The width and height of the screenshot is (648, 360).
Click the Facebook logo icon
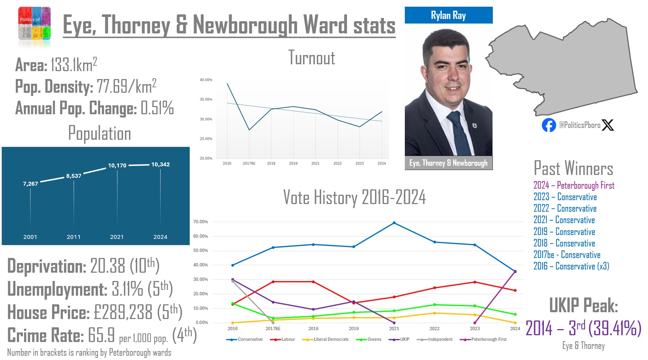(x=549, y=125)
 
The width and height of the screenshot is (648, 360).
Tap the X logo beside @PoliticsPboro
(x=608, y=125)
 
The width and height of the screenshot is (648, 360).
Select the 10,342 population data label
(x=160, y=164)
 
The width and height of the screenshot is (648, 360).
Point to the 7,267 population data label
(x=30, y=184)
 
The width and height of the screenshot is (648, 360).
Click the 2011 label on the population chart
(x=74, y=237)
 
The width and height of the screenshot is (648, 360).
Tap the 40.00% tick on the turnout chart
(x=206, y=80)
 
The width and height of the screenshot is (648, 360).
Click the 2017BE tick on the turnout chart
(x=249, y=163)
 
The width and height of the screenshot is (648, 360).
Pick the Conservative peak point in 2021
(x=394, y=223)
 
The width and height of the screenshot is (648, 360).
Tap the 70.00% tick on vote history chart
(x=200, y=222)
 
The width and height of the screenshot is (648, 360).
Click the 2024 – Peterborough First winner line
(x=574, y=185)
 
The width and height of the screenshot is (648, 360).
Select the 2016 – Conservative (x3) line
(x=571, y=266)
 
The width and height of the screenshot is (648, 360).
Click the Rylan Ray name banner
(x=448, y=15)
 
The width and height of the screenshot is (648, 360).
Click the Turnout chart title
(x=312, y=58)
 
